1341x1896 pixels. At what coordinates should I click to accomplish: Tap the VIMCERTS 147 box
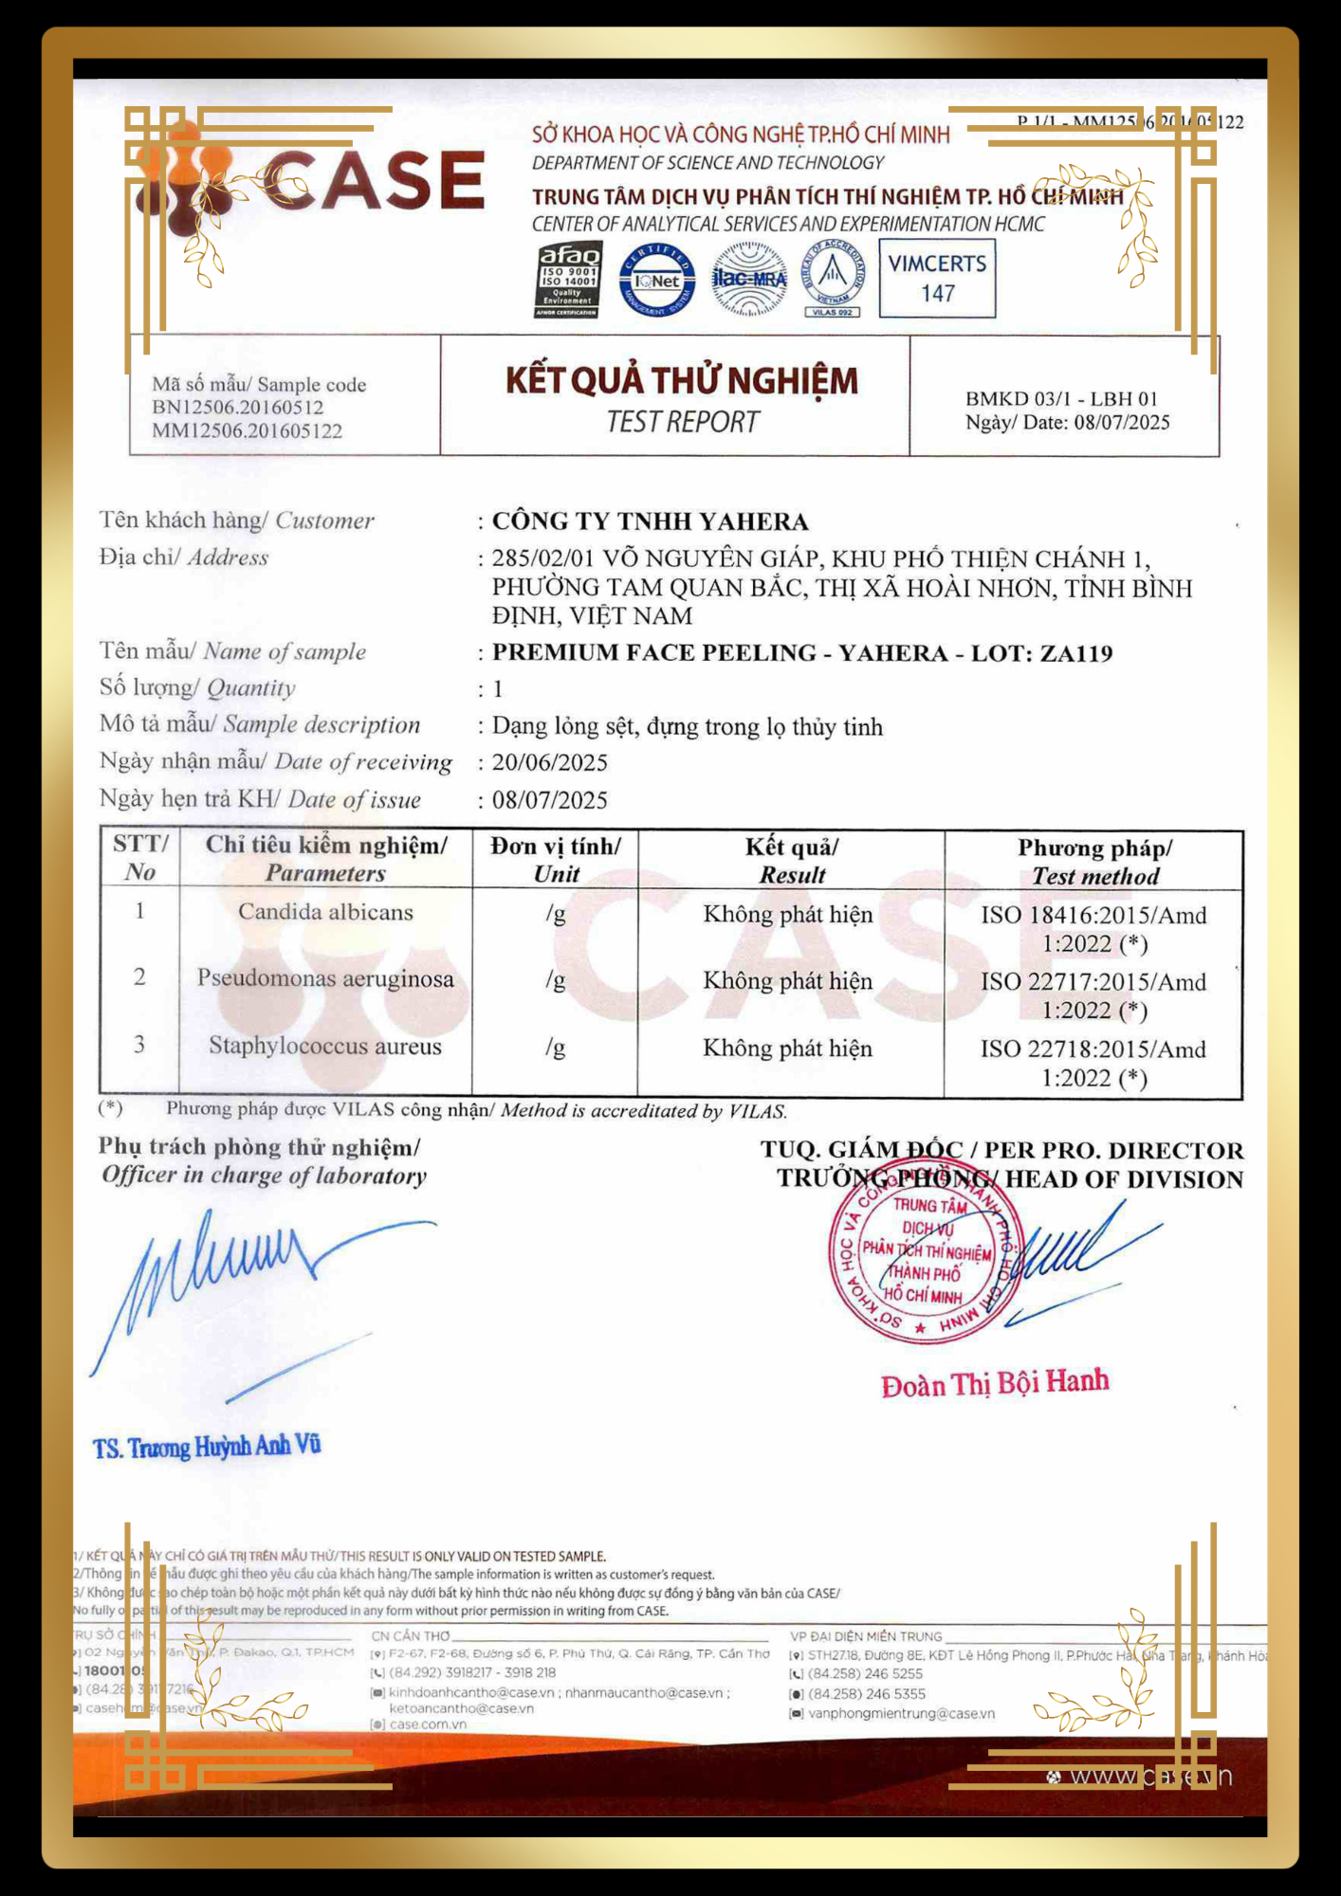coord(937,278)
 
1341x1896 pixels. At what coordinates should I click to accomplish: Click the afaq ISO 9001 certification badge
coord(567,280)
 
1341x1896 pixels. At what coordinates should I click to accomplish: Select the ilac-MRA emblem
coord(749,279)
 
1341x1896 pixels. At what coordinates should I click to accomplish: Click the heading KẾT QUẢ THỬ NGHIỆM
coord(681,381)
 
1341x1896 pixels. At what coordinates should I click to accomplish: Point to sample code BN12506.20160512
coord(238,408)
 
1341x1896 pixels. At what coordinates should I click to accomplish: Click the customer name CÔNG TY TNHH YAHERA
coord(650,521)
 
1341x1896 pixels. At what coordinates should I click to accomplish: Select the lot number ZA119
coord(1076,653)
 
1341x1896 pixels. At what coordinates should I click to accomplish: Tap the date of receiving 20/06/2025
coord(549,763)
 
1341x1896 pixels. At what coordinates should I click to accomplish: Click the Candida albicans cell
coord(325,912)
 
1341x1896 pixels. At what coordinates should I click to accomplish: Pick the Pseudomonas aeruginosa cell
coord(325,978)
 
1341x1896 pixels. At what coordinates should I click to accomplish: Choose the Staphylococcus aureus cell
coord(325,1046)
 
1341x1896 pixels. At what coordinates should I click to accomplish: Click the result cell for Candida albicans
coord(787,915)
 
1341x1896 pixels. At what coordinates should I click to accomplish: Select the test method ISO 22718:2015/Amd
coord(1093,1049)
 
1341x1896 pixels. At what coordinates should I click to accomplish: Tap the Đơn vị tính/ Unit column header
coord(556,860)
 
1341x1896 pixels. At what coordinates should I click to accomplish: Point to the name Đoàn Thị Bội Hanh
coord(994,1383)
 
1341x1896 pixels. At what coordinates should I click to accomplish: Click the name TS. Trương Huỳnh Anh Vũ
coord(207,1448)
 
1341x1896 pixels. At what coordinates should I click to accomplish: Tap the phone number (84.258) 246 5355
coord(866,1694)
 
